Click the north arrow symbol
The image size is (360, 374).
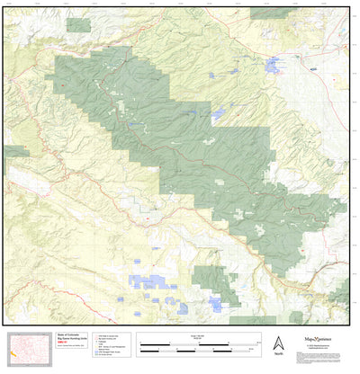tap(277, 342)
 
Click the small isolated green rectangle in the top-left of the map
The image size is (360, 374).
tap(78, 24)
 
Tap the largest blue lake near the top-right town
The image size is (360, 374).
tap(274, 65)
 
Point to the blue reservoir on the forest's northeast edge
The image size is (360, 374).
tap(217, 115)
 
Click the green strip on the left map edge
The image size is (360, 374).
tap(13, 152)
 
